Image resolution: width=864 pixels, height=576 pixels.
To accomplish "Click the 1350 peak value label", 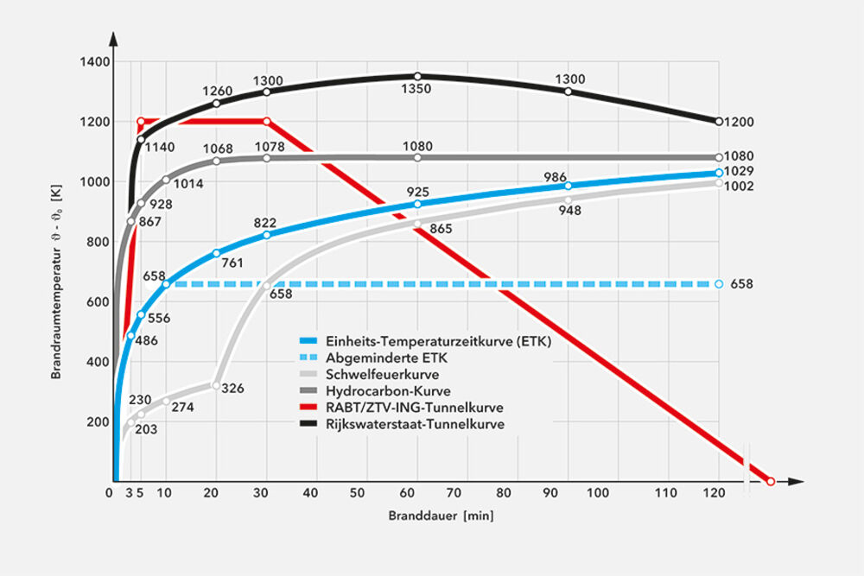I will point(419,89).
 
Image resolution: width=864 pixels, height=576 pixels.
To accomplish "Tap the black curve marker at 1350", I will point(417,76).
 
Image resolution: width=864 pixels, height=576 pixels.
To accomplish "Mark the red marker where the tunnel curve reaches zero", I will point(770,480).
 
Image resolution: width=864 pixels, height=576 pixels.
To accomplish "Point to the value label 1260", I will point(217,91).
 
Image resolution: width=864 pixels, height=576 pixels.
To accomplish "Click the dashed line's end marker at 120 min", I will point(719,283).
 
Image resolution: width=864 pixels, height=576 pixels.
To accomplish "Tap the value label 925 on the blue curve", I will point(418,191).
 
